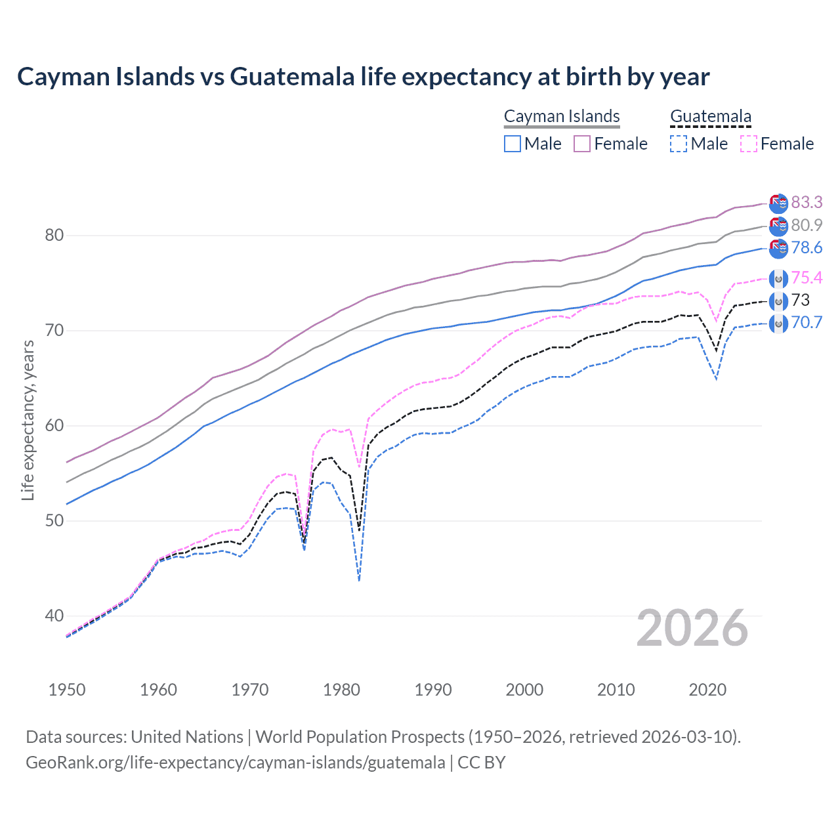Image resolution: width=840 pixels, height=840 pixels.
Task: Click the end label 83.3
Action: [807, 202]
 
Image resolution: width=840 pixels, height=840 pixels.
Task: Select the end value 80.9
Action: [807, 225]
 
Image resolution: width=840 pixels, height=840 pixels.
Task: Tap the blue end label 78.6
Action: [807, 248]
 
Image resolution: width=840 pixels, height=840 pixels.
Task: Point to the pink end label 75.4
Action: [807, 278]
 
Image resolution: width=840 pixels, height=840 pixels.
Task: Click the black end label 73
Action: [801, 301]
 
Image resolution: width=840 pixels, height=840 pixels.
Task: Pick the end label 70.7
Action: [807, 323]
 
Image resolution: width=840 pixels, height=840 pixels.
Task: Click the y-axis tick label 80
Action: [54, 235]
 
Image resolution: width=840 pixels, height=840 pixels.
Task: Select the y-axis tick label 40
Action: [54, 616]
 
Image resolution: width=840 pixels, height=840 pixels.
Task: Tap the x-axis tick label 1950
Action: [67, 690]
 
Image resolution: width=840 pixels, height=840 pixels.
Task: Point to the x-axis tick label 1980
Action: [341, 690]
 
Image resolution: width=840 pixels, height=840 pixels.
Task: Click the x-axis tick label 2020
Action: [707, 690]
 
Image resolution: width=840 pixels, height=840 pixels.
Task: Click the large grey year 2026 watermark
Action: [692, 628]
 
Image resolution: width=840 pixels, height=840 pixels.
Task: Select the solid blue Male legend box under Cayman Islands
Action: [513, 144]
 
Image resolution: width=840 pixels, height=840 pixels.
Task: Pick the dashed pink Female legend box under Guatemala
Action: [749, 144]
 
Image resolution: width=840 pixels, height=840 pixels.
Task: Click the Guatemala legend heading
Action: [711, 117]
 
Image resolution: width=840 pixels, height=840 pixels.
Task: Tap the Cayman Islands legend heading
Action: [562, 117]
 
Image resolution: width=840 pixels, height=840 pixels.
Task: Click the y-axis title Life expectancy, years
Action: [28, 420]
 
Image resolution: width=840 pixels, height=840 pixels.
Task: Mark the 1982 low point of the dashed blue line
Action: [359, 581]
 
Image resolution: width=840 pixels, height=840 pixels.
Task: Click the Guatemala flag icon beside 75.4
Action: [778, 279]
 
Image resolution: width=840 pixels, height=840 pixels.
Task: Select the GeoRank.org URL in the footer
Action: [235, 763]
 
